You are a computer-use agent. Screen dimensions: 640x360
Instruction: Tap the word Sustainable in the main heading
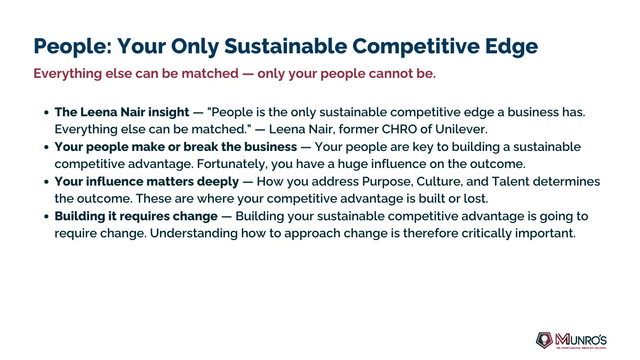point(285,46)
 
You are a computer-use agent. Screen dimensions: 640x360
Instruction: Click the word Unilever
point(461,129)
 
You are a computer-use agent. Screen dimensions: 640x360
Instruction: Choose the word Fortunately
point(233,164)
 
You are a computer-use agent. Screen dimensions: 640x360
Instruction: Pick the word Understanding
point(194,234)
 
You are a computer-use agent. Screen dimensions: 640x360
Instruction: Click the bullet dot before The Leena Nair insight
point(46,113)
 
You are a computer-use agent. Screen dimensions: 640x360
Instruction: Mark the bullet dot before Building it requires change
point(46,217)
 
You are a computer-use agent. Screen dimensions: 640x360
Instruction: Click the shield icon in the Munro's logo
point(545,340)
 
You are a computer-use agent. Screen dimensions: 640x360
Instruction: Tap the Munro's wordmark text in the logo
point(581,340)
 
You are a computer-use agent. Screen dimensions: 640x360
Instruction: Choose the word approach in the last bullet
point(313,234)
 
